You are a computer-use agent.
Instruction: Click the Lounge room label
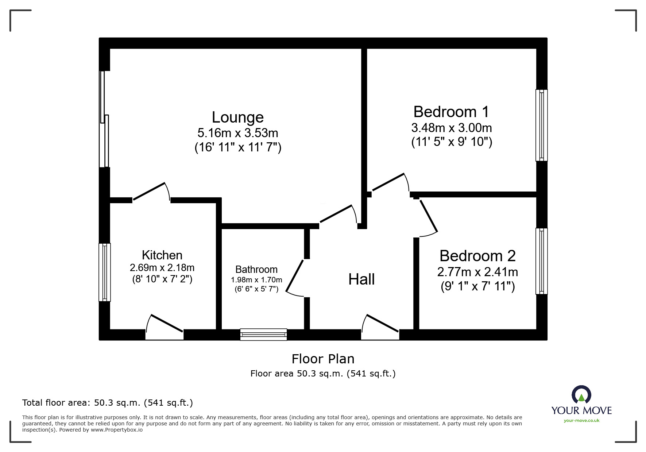point(237,117)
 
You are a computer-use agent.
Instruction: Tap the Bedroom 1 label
point(451,112)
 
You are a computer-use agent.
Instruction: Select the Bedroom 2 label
point(477,256)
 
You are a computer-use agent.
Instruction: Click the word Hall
point(361,279)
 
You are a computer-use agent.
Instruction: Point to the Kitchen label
point(162,255)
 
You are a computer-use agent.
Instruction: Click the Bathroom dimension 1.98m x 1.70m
point(256,280)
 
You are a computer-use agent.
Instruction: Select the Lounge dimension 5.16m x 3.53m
point(237,132)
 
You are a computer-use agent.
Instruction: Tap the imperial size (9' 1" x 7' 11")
point(477,286)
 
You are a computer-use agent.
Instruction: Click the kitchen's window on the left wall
point(105,272)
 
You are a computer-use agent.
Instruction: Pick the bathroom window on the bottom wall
point(263,334)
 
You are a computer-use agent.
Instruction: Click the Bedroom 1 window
point(541,125)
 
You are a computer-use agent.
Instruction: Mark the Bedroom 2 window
point(541,261)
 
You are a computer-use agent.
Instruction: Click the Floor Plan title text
point(323,359)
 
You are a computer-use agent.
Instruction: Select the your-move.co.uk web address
point(581,421)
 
